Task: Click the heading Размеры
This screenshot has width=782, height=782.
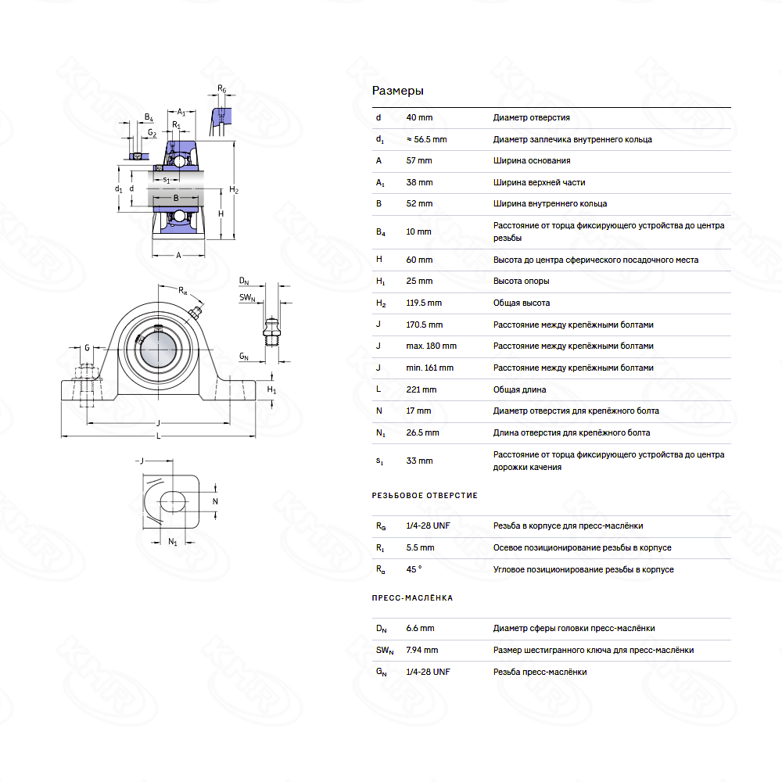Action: (x=397, y=91)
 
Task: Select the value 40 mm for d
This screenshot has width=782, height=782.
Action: (x=419, y=118)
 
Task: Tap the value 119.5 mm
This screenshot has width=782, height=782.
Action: (x=423, y=303)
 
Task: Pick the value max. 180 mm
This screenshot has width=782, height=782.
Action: (x=431, y=346)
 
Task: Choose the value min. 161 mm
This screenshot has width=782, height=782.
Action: (x=429, y=368)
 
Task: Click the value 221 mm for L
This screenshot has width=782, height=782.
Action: (x=421, y=389)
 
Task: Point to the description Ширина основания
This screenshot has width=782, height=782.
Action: (x=532, y=160)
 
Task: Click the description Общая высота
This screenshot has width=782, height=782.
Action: (x=521, y=303)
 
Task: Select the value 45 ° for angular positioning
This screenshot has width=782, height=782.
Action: (x=414, y=569)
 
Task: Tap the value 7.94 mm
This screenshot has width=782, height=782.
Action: (x=422, y=650)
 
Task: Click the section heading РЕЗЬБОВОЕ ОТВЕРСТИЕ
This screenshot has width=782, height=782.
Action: (x=425, y=495)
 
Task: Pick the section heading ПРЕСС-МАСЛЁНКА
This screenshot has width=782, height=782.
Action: (x=412, y=597)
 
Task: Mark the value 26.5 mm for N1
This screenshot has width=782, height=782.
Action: (x=422, y=432)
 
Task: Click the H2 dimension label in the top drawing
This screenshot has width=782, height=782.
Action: (x=233, y=189)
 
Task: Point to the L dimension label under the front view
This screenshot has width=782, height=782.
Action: (x=159, y=436)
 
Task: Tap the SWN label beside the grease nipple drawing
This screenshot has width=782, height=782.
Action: (x=247, y=298)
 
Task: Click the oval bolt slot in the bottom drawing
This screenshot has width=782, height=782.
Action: (x=173, y=501)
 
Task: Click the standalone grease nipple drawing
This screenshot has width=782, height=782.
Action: (x=271, y=331)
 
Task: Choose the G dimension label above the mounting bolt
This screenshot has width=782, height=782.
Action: (x=87, y=348)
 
